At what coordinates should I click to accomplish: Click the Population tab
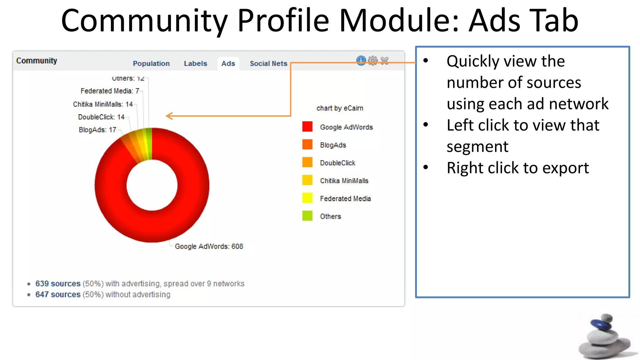[151, 63]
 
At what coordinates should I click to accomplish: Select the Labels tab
[195, 63]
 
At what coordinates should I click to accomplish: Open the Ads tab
[228, 63]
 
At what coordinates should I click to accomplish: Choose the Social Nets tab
[268, 63]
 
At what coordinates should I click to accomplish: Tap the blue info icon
[361, 60]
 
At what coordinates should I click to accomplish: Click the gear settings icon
[373, 60]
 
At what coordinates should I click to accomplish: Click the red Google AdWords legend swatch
[307, 127]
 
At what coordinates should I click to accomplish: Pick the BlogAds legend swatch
[307, 145]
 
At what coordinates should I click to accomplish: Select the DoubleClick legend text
[337, 163]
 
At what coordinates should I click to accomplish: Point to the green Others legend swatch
[307, 216]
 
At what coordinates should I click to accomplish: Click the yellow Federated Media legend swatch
[307, 198]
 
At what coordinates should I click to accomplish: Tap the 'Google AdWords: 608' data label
[209, 246]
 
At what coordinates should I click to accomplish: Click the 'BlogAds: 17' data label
[97, 130]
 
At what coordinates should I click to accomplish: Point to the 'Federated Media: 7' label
[110, 91]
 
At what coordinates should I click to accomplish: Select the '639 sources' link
[58, 283]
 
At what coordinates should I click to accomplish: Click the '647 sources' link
[58, 294]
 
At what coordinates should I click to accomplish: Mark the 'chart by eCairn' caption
[340, 108]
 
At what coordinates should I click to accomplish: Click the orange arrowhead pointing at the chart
[169, 116]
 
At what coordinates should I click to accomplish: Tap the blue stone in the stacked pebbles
[601, 324]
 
